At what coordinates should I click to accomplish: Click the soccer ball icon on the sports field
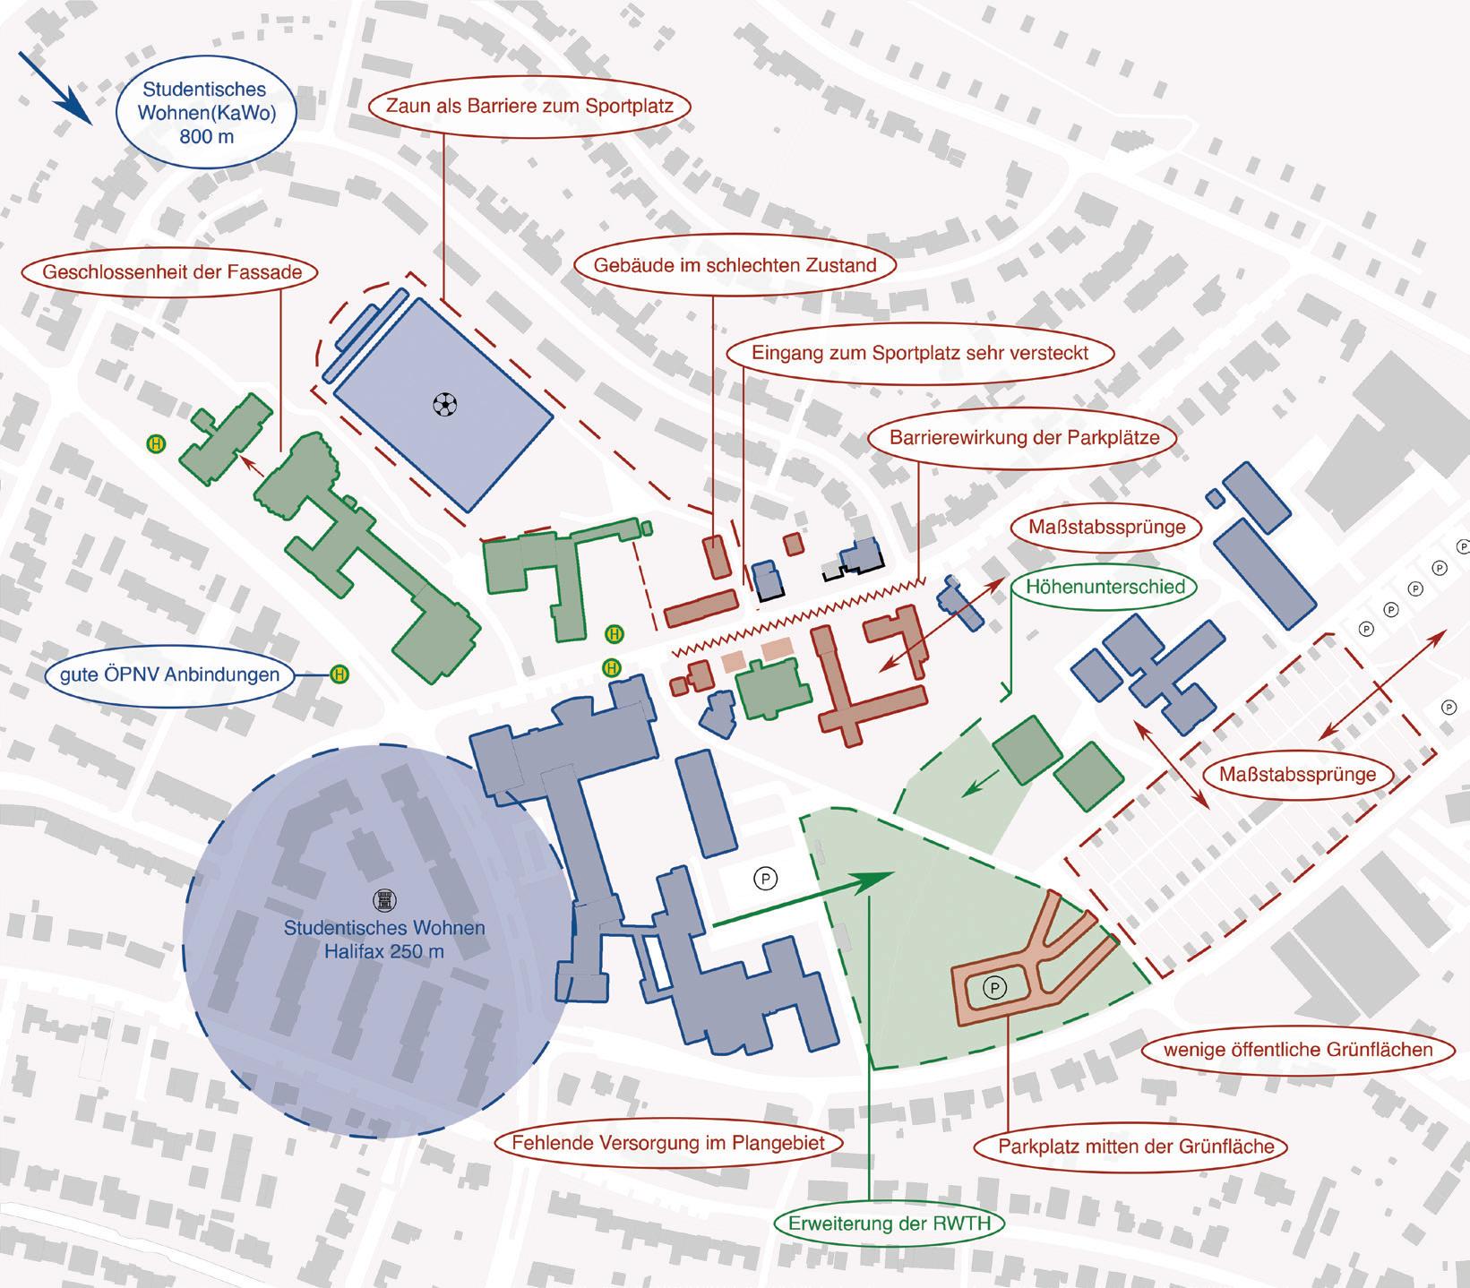click(443, 405)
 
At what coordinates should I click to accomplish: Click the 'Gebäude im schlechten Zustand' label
click(735, 265)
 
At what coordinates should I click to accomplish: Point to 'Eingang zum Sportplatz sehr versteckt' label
click(920, 352)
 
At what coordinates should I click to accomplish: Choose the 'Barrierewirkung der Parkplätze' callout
click(1024, 438)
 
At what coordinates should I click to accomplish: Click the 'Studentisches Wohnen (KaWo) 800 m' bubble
click(204, 113)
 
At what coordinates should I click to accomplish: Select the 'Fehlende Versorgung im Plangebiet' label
click(668, 1143)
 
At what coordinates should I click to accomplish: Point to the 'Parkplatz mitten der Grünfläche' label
click(1136, 1146)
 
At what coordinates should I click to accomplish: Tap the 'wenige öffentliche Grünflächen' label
click(1298, 1049)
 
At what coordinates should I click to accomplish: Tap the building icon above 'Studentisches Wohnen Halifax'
click(383, 898)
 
